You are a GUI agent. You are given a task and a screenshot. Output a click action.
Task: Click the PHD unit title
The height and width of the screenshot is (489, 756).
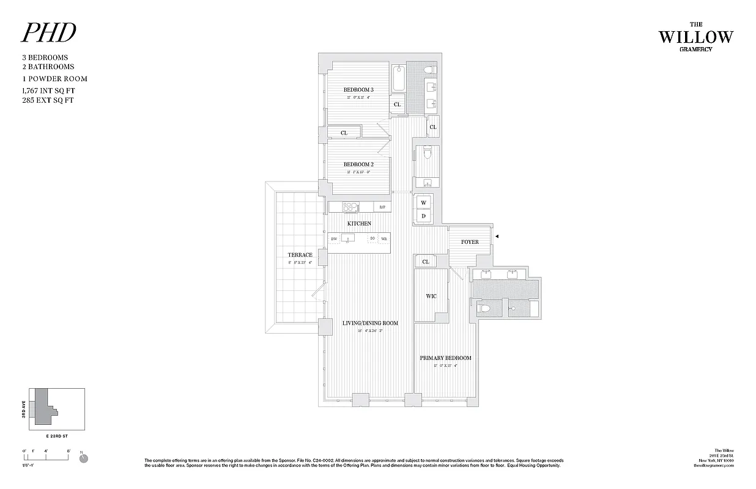coord(49,34)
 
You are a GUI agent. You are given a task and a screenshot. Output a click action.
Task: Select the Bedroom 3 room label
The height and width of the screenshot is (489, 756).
coord(358,90)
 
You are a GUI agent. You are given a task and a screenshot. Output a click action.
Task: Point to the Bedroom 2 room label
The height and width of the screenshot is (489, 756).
coord(358,164)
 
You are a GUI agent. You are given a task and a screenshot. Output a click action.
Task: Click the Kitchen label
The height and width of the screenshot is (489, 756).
coord(359,224)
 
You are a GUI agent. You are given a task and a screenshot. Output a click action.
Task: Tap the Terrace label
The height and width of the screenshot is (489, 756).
coord(300,255)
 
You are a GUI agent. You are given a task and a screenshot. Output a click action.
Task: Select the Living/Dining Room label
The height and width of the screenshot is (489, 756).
coord(370,323)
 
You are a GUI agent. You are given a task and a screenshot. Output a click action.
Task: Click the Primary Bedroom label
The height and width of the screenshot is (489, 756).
coord(445,358)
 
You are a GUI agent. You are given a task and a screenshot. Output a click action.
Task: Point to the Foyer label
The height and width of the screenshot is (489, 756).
coord(470,242)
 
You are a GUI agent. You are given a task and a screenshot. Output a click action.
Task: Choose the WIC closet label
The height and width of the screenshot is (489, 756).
coord(431,296)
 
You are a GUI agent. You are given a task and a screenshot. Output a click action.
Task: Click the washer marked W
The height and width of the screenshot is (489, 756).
coord(423,202)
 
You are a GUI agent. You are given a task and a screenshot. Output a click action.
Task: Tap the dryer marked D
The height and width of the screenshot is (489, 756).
coord(423,216)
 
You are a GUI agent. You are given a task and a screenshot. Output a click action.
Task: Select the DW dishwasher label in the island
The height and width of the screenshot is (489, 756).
coord(334,238)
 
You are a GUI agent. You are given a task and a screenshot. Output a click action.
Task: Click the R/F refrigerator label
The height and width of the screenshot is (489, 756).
coord(382,207)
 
